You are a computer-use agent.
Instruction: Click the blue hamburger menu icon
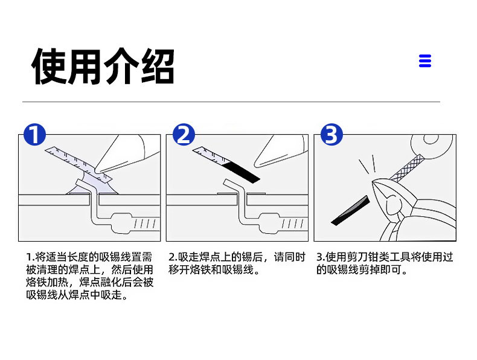tap(425, 61)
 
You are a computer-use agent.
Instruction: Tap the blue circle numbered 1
tap(34, 134)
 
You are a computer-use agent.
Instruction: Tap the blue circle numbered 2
tap(184, 134)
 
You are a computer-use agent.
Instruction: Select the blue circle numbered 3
tap(331, 134)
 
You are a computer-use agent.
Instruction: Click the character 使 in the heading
tap(49, 66)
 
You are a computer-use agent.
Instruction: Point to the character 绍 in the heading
tap(158, 66)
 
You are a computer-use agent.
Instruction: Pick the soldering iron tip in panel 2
tap(257, 164)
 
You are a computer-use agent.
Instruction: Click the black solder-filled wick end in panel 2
tap(242, 172)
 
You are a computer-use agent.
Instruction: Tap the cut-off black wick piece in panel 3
tap(350, 211)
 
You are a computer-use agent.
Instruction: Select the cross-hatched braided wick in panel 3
tap(406, 168)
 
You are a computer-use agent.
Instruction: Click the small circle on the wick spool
tap(431, 139)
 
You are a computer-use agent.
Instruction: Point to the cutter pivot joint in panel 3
tap(392, 205)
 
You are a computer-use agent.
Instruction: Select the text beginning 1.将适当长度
tap(89, 275)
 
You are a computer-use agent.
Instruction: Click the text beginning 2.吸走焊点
tap(237, 263)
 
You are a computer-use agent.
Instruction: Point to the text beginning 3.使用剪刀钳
tap(385, 263)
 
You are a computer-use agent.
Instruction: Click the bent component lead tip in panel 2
tap(226, 182)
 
